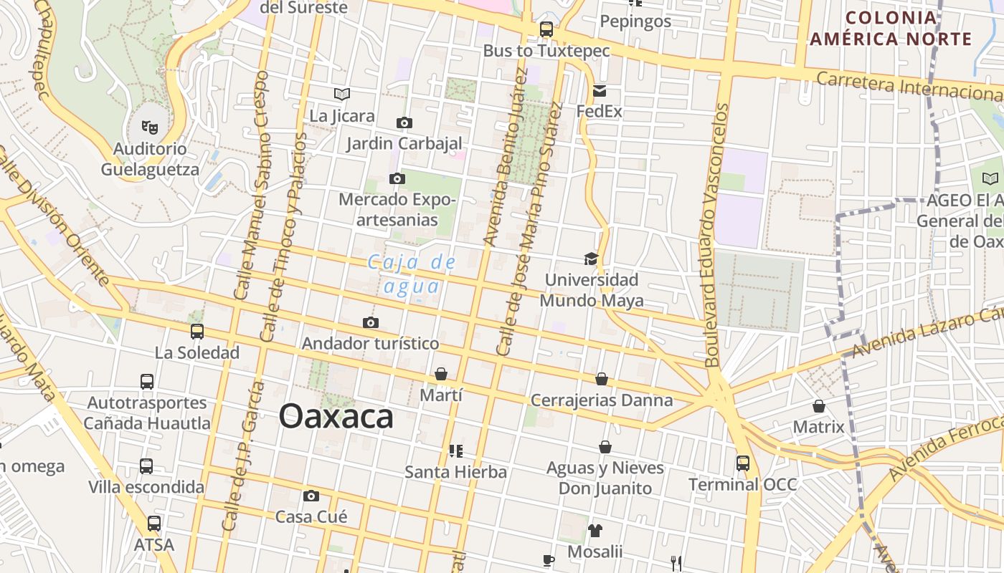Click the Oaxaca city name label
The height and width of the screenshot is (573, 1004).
click(336, 416)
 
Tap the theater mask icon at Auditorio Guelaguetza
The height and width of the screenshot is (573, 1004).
click(149, 127)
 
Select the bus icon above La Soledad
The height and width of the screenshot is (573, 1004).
click(196, 332)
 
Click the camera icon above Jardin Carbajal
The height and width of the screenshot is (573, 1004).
click(404, 122)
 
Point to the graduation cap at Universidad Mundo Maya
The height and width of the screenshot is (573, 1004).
click(591, 259)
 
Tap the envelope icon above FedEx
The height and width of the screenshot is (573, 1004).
click(599, 91)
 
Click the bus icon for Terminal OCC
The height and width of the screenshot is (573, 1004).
click(742, 463)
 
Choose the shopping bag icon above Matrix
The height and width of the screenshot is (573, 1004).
click(819, 406)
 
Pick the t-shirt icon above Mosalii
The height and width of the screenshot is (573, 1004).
click(595, 531)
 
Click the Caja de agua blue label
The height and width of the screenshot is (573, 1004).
click(412, 274)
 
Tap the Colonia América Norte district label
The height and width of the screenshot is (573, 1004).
click(891, 29)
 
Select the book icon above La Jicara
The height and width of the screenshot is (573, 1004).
click(342, 94)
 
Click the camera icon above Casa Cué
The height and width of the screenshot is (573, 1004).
click(311, 496)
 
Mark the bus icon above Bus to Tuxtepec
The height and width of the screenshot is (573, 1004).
click(546, 29)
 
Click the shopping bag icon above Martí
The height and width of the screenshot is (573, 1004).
click(440, 374)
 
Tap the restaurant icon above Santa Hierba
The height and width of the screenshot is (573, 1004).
click(455, 451)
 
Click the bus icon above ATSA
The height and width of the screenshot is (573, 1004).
click(154, 524)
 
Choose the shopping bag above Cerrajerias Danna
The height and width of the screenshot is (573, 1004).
click(602, 379)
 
